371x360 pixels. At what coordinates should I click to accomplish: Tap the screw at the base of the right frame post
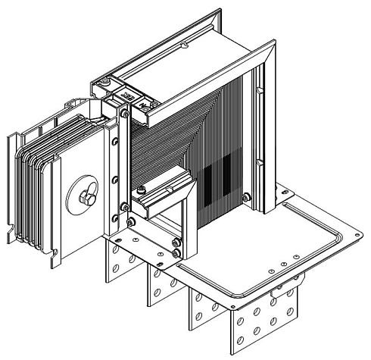coord(246,199)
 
